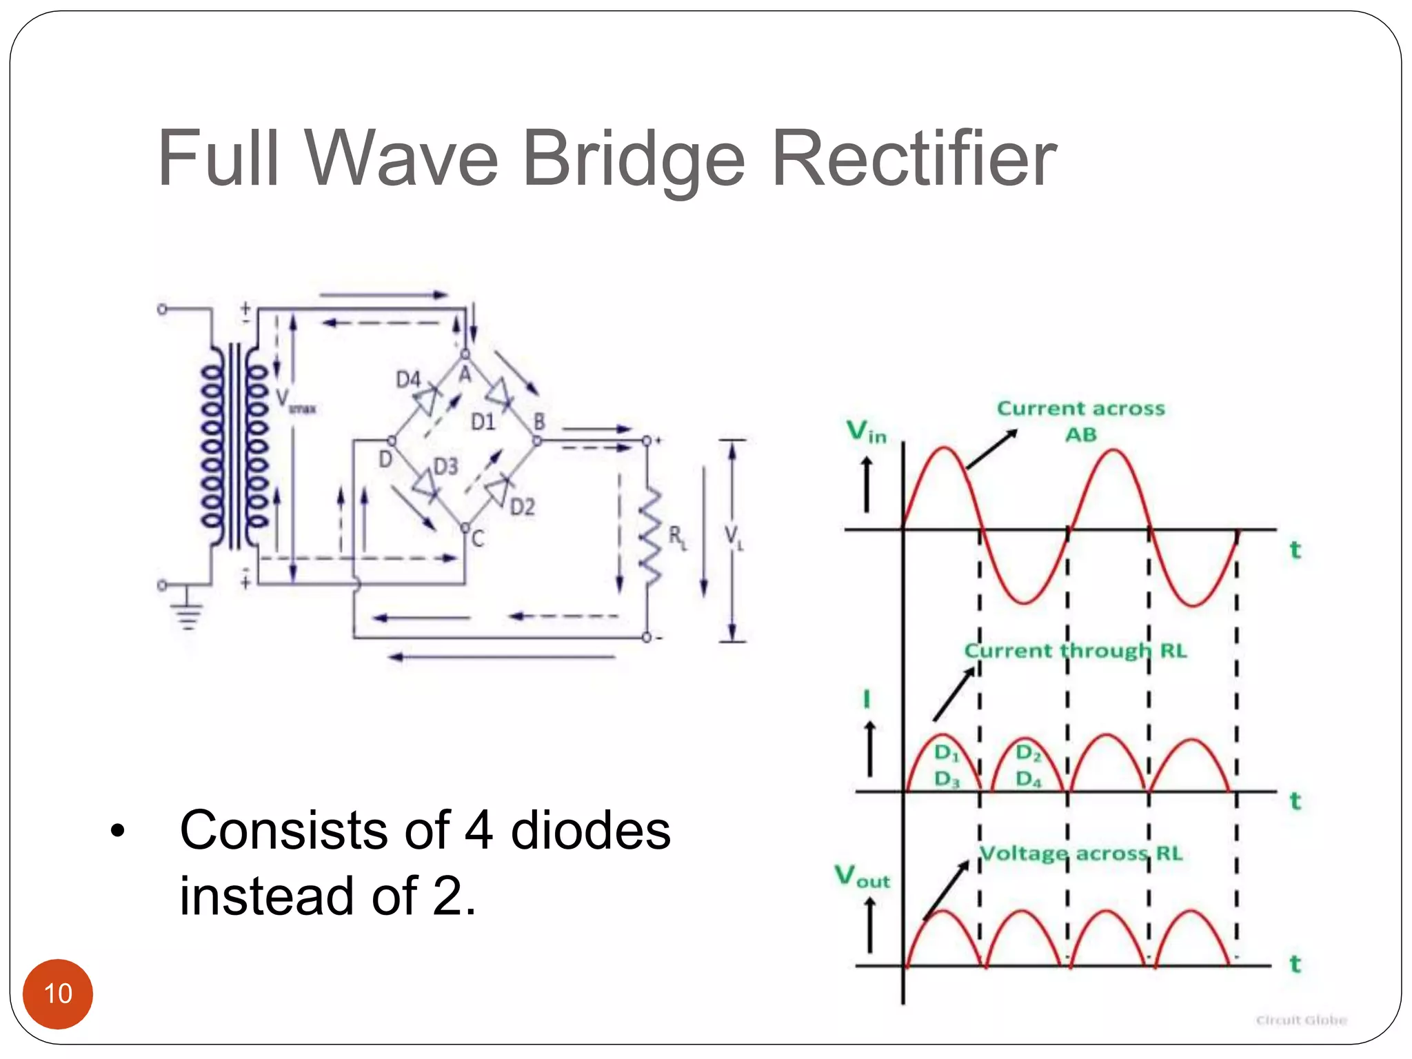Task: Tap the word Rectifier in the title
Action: (914, 159)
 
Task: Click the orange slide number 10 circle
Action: (58, 994)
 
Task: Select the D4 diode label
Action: (408, 379)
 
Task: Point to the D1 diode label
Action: (483, 421)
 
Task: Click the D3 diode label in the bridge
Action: (445, 467)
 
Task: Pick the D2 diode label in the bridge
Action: (522, 507)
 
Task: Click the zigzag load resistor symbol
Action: (649, 535)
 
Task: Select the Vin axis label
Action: (866, 432)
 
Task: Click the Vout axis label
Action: (862, 877)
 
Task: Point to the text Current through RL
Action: (1075, 651)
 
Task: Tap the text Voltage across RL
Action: (1080, 854)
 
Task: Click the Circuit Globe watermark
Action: (1301, 1020)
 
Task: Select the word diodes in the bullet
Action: (590, 830)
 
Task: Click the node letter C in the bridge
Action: (478, 538)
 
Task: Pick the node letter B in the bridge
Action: (539, 421)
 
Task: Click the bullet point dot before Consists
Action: (118, 831)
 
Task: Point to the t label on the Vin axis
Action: (1295, 550)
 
